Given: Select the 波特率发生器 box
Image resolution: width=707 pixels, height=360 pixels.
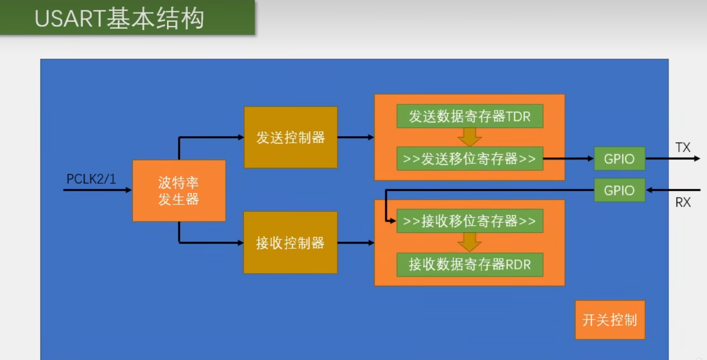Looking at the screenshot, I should pyautogui.click(x=179, y=191).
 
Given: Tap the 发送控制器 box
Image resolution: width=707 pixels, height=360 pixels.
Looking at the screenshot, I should pyautogui.click(x=291, y=138).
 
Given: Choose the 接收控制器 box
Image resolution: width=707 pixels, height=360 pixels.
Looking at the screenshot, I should pyautogui.click(x=291, y=242).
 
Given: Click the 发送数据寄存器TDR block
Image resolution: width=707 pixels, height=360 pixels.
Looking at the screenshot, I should pyautogui.click(x=470, y=117).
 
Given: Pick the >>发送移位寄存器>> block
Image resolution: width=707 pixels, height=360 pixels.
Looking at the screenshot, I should pyautogui.click(x=470, y=159).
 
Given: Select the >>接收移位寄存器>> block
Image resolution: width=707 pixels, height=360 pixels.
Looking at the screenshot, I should pyautogui.click(x=470, y=221).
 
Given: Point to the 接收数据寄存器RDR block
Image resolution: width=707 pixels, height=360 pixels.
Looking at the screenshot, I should pyautogui.click(x=470, y=264).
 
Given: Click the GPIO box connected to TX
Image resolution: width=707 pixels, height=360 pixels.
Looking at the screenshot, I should pyautogui.click(x=619, y=159).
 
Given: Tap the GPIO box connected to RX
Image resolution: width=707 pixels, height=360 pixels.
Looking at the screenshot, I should pyautogui.click(x=619, y=190).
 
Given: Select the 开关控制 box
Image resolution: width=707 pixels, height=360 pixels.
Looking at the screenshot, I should pyautogui.click(x=610, y=320).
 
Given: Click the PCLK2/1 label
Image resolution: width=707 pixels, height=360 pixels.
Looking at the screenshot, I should pyautogui.click(x=91, y=179).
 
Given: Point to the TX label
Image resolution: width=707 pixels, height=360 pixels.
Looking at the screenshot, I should pyautogui.click(x=683, y=147).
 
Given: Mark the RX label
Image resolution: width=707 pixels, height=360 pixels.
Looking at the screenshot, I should pyautogui.click(x=683, y=202).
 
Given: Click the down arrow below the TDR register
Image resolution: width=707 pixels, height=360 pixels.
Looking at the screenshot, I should pyautogui.click(x=470, y=137).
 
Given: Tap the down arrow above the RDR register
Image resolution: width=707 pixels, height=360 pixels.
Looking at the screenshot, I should pyautogui.click(x=470, y=242).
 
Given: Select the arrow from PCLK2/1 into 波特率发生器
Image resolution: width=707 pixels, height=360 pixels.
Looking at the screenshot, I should pyautogui.click(x=98, y=190).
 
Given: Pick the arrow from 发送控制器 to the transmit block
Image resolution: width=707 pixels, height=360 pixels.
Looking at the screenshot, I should pyautogui.click(x=355, y=138).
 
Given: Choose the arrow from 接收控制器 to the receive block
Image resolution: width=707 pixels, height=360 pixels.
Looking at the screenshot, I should pyautogui.click(x=355, y=242).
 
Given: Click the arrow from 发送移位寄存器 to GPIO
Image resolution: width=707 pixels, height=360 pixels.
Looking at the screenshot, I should pyautogui.click(x=569, y=159).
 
